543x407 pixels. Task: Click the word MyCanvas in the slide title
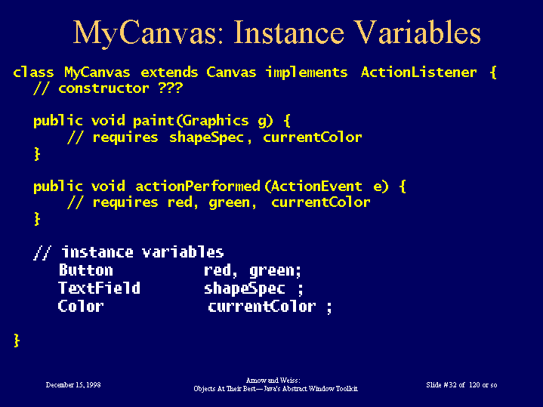[x=147, y=33]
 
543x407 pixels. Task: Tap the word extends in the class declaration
[x=169, y=72]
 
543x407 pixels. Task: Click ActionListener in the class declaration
[x=418, y=72]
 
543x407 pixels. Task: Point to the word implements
[x=307, y=73]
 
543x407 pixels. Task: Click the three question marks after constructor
[x=170, y=88]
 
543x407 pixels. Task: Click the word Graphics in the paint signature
[x=215, y=122]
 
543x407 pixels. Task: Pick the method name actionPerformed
[x=198, y=187]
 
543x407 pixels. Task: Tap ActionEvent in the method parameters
[x=316, y=187]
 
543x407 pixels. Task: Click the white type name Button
[x=86, y=270]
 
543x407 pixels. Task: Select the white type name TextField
[x=100, y=288]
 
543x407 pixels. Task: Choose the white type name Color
[x=81, y=307]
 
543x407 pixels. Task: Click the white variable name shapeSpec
[x=245, y=289]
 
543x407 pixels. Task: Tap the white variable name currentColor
[x=262, y=307]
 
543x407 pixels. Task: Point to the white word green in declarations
[x=273, y=271]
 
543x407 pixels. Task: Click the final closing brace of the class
[x=17, y=341]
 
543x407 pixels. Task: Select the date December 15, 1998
[x=73, y=385]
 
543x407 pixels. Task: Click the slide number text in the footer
[x=461, y=385]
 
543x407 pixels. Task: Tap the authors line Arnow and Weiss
[x=273, y=381]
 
